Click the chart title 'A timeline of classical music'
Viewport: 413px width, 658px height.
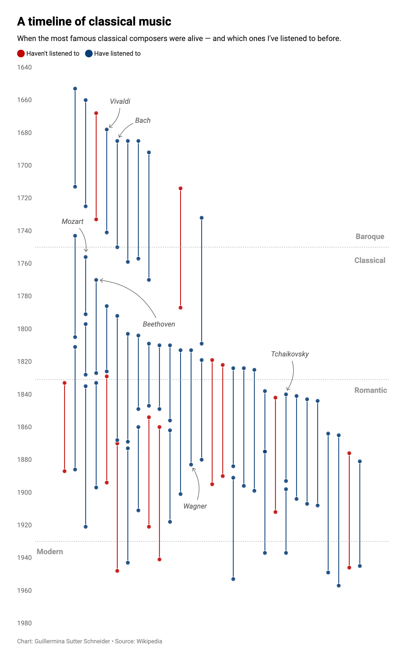coord(94,21)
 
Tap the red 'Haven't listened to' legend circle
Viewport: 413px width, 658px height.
coord(21,54)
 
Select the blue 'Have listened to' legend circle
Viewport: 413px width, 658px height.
coord(89,54)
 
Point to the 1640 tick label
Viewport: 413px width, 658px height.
coord(24,67)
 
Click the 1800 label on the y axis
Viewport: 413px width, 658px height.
coord(24,329)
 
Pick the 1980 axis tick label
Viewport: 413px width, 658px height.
coord(24,623)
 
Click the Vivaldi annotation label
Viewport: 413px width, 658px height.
coord(120,101)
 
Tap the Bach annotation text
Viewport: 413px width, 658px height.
coord(143,120)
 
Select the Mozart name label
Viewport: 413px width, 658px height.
coord(72,221)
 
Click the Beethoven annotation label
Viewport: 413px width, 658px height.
coord(159,324)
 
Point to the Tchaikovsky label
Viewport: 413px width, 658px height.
coord(290,354)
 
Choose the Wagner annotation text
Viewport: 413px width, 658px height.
coord(195,506)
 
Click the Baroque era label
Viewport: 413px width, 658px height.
coord(370,236)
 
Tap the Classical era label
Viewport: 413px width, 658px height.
coord(370,261)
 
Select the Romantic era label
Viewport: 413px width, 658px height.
coord(371,390)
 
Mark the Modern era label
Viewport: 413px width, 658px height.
coord(50,552)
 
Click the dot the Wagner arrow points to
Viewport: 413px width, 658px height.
coord(191,465)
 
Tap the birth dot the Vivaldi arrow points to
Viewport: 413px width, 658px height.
coord(107,129)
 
